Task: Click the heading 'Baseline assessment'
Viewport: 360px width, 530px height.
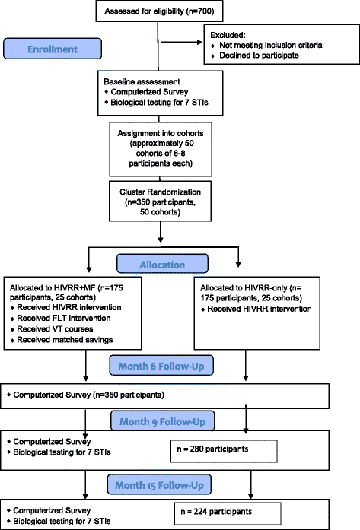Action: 135,80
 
